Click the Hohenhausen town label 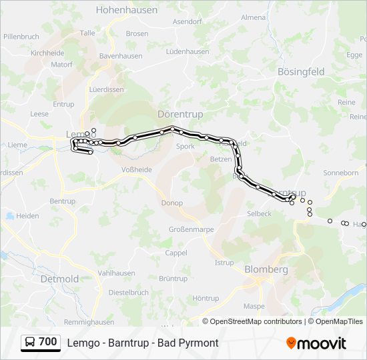127,10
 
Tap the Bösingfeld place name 300,71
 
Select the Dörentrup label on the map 179,114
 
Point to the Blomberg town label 266,269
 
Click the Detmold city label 59,279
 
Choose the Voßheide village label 137,169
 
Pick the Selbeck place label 259,213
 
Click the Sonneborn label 340,172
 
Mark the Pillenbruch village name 21,36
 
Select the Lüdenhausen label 188,51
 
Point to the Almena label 253,17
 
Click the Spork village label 185,146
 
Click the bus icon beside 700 30,343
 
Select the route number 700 48,342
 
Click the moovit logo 316,343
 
